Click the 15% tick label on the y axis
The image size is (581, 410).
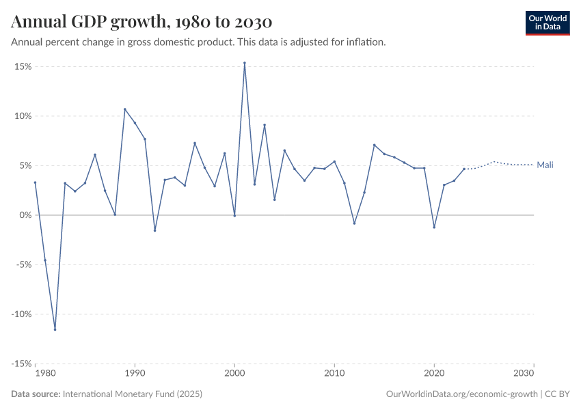coord(23,66)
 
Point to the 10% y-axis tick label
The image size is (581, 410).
coord(23,116)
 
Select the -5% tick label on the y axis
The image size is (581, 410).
coord(23,264)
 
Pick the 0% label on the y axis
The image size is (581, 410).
coord(26,215)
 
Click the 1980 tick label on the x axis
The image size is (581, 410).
coord(45,374)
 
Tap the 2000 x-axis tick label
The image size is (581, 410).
coord(234,374)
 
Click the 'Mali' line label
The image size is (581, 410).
coord(545,165)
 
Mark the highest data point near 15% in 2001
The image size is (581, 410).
coord(245,63)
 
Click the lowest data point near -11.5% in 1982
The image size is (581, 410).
coord(55,329)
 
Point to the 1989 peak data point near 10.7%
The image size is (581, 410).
coord(125,109)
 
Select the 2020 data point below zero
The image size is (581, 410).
coord(434,228)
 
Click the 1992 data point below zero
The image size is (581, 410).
coord(155,230)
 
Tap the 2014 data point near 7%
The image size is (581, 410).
coord(375,145)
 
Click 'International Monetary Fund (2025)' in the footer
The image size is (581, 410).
coord(132,394)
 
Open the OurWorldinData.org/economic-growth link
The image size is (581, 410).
coord(463,394)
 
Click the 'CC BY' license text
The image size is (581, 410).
coord(557,394)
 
